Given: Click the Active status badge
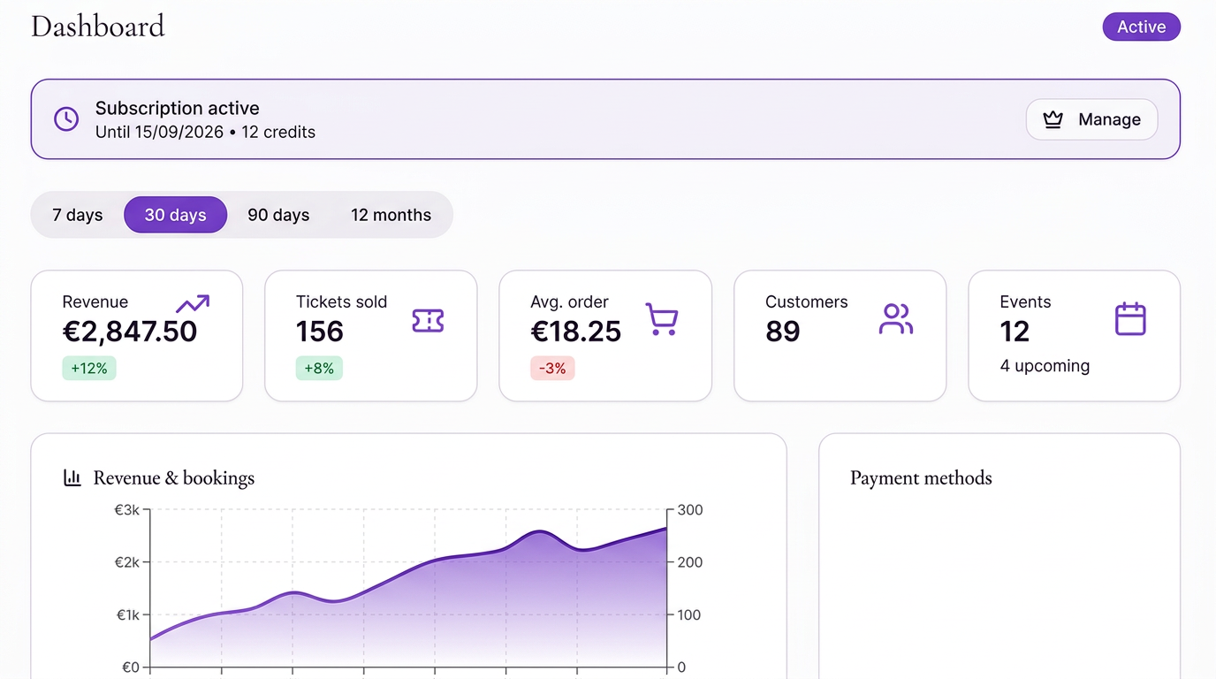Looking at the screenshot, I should [x=1141, y=27].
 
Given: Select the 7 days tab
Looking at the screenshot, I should [x=78, y=215].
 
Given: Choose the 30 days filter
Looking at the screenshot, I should [x=175, y=215].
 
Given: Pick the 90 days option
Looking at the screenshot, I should [x=278, y=215].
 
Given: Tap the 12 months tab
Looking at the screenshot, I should [x=391, y=215].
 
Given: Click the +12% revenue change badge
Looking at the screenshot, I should [x=89, y=369].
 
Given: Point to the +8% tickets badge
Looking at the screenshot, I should [x=319, y=369].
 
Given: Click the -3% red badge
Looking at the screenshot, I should [x=553, y=369].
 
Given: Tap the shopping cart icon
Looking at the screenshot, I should [x=662, y=319].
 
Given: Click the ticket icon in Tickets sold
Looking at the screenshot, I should [x=428, y=320].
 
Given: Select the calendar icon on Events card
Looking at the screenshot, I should [x=1130, y=319].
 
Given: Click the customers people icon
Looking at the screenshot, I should [x=895, y=319].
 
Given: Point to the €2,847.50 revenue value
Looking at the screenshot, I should [x=130, y=332].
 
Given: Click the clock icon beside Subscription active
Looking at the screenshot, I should [x=66, y=119].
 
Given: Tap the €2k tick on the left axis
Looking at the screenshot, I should [x=128, y=562].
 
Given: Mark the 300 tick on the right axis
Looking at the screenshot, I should [x=690, y=510].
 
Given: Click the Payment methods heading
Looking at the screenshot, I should [x=921, y=478].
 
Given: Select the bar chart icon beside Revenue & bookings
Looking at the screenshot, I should [x=72, y=478].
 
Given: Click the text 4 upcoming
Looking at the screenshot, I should [x=1045, y=366].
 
